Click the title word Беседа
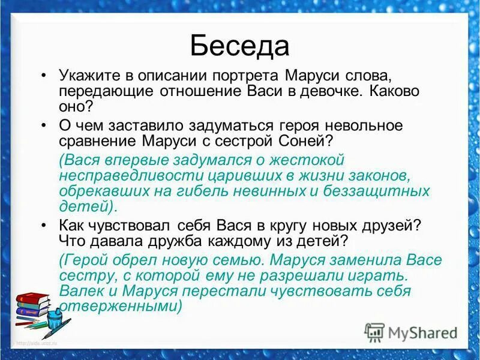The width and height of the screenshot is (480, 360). click(239, 45)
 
